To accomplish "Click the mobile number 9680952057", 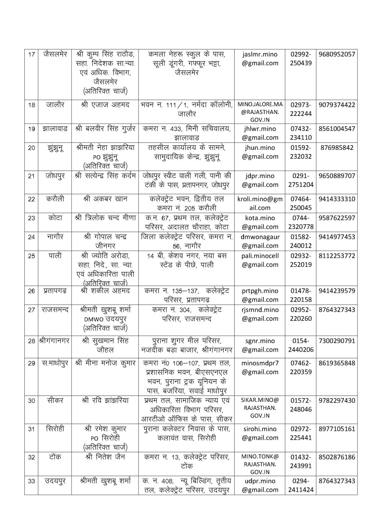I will (x=337, y=54).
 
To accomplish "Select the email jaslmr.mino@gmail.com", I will (x=260, y=58).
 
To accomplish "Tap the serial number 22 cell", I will (x=32, y=199).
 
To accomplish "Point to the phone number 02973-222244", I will (x=301, y=109).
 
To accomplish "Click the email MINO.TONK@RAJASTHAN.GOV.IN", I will (x=260, y=464).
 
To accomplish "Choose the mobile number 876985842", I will (x=337, y=147).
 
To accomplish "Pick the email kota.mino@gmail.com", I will (x=260, y=222).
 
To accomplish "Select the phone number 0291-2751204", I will (x=301, y=180).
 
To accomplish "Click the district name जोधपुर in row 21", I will (x=54, y=176).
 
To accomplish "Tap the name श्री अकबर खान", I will (x=105, y=199).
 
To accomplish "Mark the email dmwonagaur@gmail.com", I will (x=260, y=241).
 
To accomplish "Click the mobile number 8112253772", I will (x=337, y=256).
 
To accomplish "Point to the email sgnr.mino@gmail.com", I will (x=260, y=345).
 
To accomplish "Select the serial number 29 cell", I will (x=32, y=363).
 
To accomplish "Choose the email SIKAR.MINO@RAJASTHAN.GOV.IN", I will (x=260, y=408).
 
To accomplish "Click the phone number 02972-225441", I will (x=301, y=433).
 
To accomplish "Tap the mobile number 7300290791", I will (x=337, y=341).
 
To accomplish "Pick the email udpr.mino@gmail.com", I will (x=260, y=485).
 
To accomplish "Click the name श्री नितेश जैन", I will (x=105, y=457).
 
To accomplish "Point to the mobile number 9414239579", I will (x=337, y=291).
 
